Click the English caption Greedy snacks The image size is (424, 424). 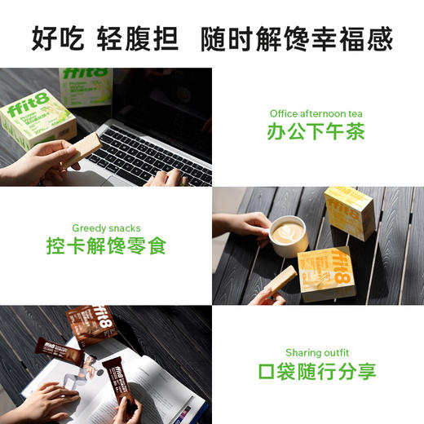point(106,227)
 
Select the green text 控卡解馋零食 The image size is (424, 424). point(106,245)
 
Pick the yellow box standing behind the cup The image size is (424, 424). point(349,211)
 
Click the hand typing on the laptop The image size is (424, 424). point(167,177)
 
